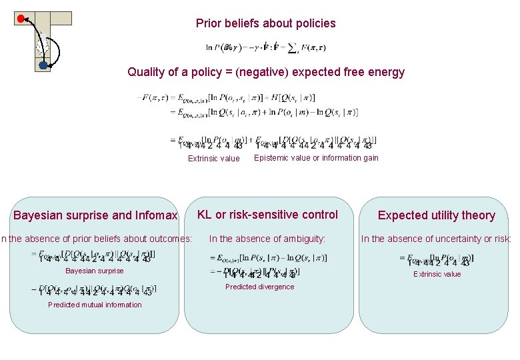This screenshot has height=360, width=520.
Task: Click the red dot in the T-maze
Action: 21,18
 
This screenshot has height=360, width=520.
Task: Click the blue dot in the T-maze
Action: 43,65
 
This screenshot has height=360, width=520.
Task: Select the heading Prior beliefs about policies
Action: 265,24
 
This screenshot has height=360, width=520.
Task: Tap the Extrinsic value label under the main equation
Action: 213,159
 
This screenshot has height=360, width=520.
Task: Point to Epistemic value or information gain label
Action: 316,158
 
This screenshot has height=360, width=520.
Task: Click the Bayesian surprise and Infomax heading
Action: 95,215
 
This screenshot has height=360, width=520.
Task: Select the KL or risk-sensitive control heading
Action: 267,215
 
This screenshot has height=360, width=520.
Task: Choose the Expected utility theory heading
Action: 436,215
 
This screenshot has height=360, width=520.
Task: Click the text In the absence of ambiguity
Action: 267,239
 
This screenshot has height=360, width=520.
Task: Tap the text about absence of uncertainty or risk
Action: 436,239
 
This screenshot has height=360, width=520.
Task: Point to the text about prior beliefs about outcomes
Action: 97,239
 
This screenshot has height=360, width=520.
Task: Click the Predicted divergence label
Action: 259,287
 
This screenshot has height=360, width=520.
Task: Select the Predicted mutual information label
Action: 95,305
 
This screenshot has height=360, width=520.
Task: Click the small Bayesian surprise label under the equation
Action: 94,271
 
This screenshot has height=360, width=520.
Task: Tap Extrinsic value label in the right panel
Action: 437,274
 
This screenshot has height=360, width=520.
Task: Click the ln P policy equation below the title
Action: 265,48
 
